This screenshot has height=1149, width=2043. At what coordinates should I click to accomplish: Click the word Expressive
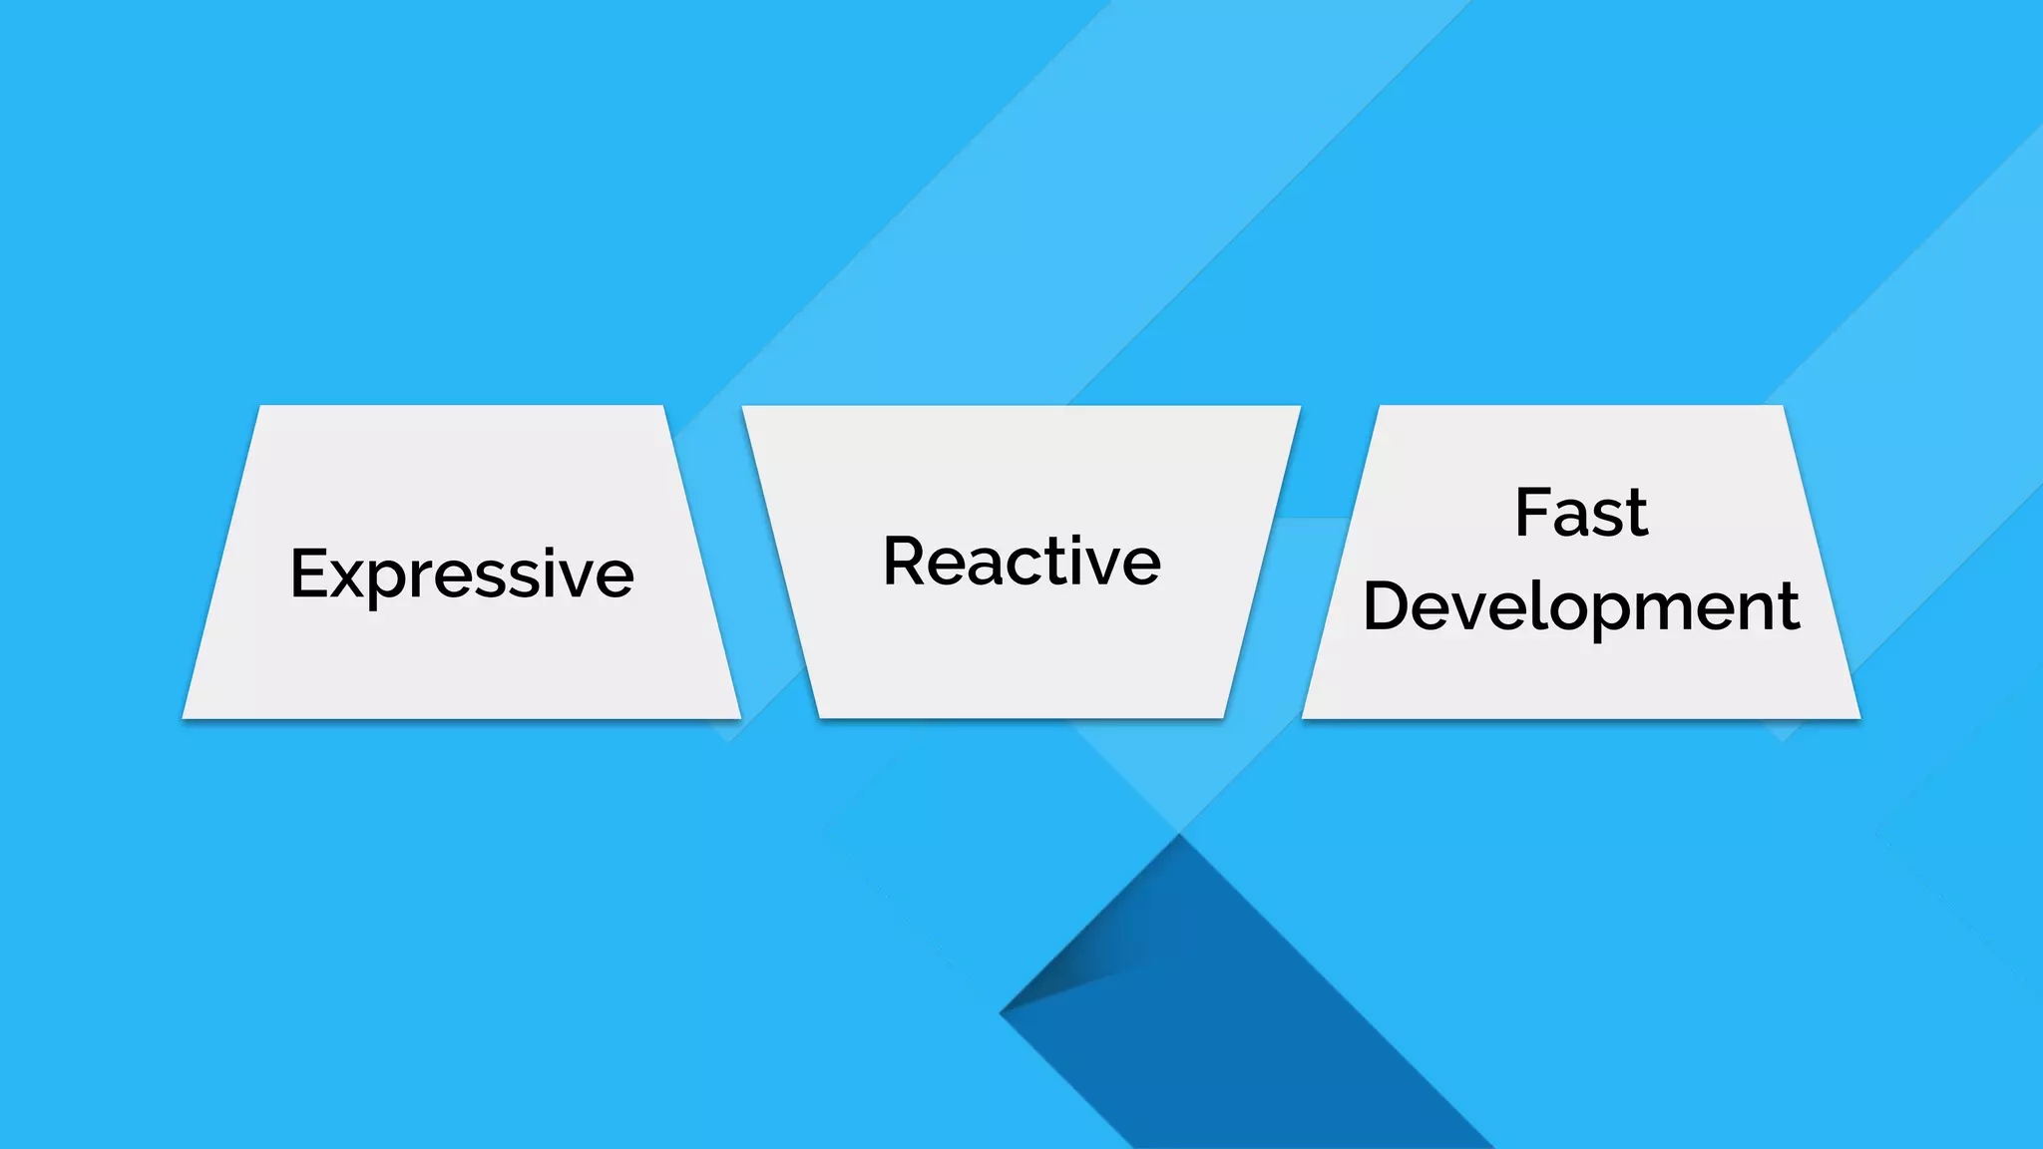tap(462, 574)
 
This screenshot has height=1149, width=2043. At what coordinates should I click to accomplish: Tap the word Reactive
tap(1021, 562)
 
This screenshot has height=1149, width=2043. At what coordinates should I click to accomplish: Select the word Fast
tap(1581, 514)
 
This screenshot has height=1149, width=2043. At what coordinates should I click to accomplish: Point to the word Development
tap(1581, 606)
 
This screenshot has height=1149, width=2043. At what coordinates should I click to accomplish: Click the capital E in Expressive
tap(309, 574)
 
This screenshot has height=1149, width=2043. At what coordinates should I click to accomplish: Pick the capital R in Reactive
tap(906, 561)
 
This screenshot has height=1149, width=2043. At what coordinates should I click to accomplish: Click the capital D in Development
tap(1388, 605)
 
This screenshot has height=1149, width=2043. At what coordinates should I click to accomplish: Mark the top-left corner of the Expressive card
tap(261, 407)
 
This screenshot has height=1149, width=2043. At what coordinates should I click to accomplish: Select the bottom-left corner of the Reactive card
tap(820, 716)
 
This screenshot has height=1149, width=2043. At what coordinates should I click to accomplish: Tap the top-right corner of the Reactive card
tap(1300, 407)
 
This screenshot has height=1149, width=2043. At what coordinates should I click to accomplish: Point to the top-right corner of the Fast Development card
tap(1782, 407)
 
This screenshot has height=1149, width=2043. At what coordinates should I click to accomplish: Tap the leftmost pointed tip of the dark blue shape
tap(1001, 1013)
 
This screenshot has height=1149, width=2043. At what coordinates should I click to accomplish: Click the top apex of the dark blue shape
tap(1180, 836)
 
